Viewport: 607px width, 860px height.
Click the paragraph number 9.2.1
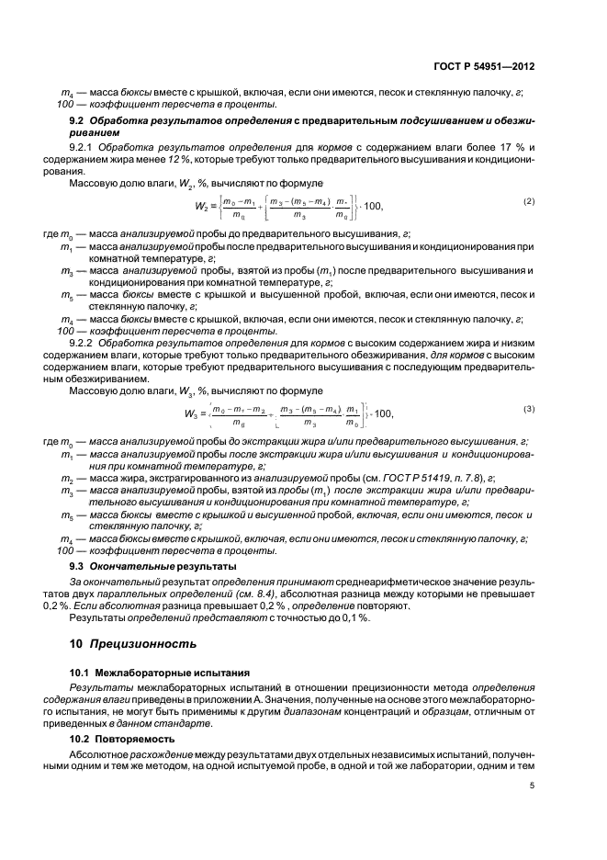pyautogui.click(x=84, y=146)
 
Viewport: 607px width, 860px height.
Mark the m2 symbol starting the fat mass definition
pyautogui.click(x=66, y=479)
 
